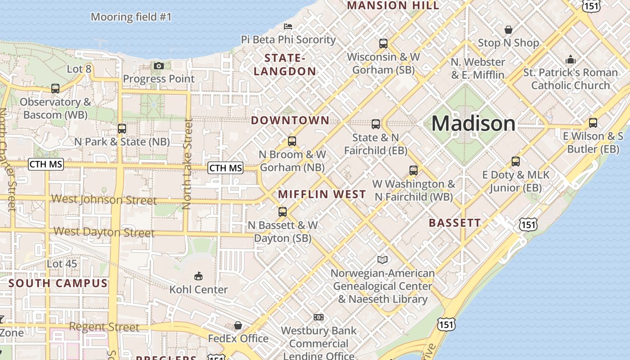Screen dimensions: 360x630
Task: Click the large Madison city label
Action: pyautogui.click(x=473, y=123)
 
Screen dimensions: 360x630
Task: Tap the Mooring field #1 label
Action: pyautogui.click(x=131, y=17)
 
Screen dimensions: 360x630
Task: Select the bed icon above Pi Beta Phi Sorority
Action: pyautogui.click(x=288, y=27)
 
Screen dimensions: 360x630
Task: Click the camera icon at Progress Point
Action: pyautogui.click(x=158, y=66)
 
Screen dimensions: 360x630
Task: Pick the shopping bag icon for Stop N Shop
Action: pyautogui.click(x=508, y=30)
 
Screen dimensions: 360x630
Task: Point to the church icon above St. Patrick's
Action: pyautogui.click(x=570, y=59)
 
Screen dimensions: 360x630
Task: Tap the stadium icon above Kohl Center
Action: pyautogui.click(x=198, y=276)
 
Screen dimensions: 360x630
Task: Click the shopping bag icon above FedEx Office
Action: pyautogui.click(x=238, y=325)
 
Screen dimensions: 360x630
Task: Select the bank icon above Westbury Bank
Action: pyautogui.click(x=319, y=317)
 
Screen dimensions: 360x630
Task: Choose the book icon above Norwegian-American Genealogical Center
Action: pyautogui.click(x=382, y=260)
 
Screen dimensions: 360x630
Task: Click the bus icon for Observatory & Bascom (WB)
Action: pyautogui.click(x=55, y=89)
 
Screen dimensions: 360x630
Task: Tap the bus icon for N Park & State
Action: pyautogui.click(x=121, y=128)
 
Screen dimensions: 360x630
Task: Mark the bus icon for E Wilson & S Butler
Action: pyautogui.click(x=593, y=122)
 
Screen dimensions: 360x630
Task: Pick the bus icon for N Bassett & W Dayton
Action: pyautogui.click(x=283, y=211)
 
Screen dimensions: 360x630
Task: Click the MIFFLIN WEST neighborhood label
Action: pyautogui.click(x=322, y=194)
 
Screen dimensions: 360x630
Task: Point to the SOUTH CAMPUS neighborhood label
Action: pyautogui.click(x=58, y=283)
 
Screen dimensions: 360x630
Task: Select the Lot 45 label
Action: pyautogui.click(x=62, y=264)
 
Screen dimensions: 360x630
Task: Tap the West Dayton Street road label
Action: pyautogui.click(x=104, y=232)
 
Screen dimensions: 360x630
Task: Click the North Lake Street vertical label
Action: pyautogui.click(x=187, y=164)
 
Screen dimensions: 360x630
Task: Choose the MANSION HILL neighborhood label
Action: pyautogui.click(x=393, y=5)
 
